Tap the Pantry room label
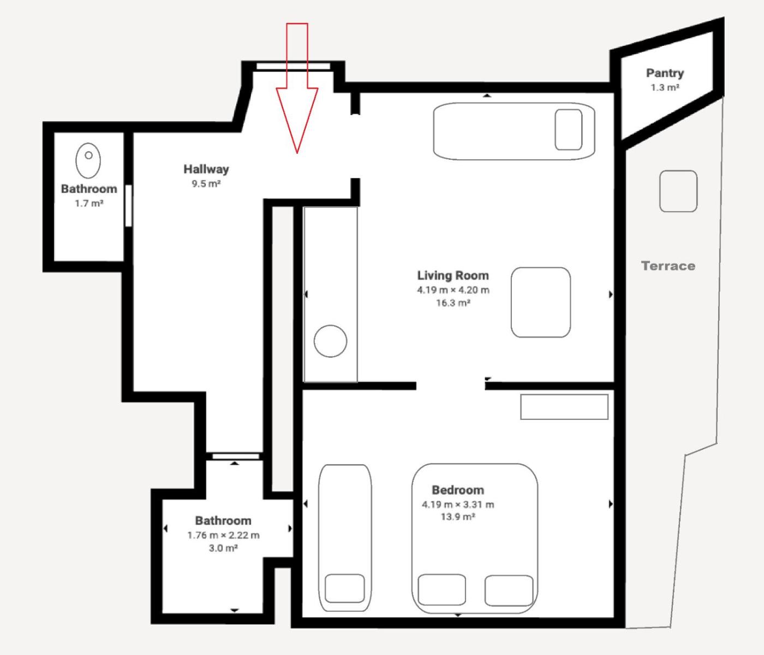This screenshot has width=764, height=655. point(665,74)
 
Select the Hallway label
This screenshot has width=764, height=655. point(206,170)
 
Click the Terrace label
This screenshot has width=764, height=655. point(668,266)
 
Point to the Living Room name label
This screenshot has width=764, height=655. point(453,275)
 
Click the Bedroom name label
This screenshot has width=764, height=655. point(458,490)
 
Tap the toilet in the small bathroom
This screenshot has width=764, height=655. point(88,161)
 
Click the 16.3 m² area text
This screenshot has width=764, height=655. point(453,303)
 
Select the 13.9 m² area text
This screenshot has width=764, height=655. point(458,516)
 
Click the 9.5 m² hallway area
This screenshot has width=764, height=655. point(206,184)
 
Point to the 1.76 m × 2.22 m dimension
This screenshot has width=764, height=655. point(223,536)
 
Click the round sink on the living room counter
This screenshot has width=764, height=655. point(331,341)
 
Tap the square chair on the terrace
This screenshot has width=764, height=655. point(679,191)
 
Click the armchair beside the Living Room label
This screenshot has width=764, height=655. point(541,302)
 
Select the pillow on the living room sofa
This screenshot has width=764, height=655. point(569,129)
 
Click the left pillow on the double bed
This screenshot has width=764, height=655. point(441,590)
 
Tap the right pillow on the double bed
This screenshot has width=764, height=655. point(509,591)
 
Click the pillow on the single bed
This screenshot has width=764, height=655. point(344,588)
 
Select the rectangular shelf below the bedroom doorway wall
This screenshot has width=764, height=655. point(564,407)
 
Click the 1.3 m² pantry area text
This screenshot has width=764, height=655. point(665,88)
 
